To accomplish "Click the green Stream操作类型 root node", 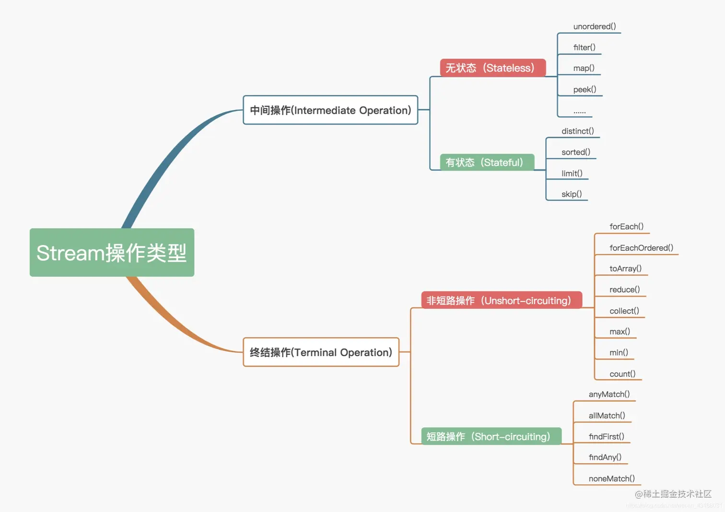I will tap(112, 253).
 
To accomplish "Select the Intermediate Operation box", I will tap(330, 110).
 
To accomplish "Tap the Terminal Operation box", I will tap(321, 352).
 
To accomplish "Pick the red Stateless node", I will tap(492, 68).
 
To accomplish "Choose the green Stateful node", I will tap(487, 163).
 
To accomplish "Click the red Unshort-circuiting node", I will tap(501, 301).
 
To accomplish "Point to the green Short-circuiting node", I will tap(491, 436).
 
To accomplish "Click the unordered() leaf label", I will tap(595, 26).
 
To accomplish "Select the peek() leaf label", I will tap(585, 90).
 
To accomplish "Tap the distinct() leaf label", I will tap(577, 131).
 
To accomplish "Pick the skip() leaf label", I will tap(572, 194).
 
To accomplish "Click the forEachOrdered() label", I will tap(641, 248).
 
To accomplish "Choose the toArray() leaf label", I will tap(625, 268).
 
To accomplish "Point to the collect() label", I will tap(624, 311).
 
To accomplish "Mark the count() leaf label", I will tap(622, 374).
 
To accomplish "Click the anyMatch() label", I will tap(609, 394).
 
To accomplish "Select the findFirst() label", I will tap(606, 437).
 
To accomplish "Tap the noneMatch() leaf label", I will tap(611, 478).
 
